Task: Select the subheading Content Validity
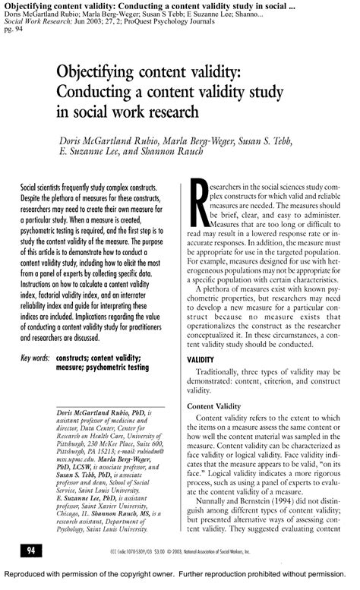click(x=219, y=406)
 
